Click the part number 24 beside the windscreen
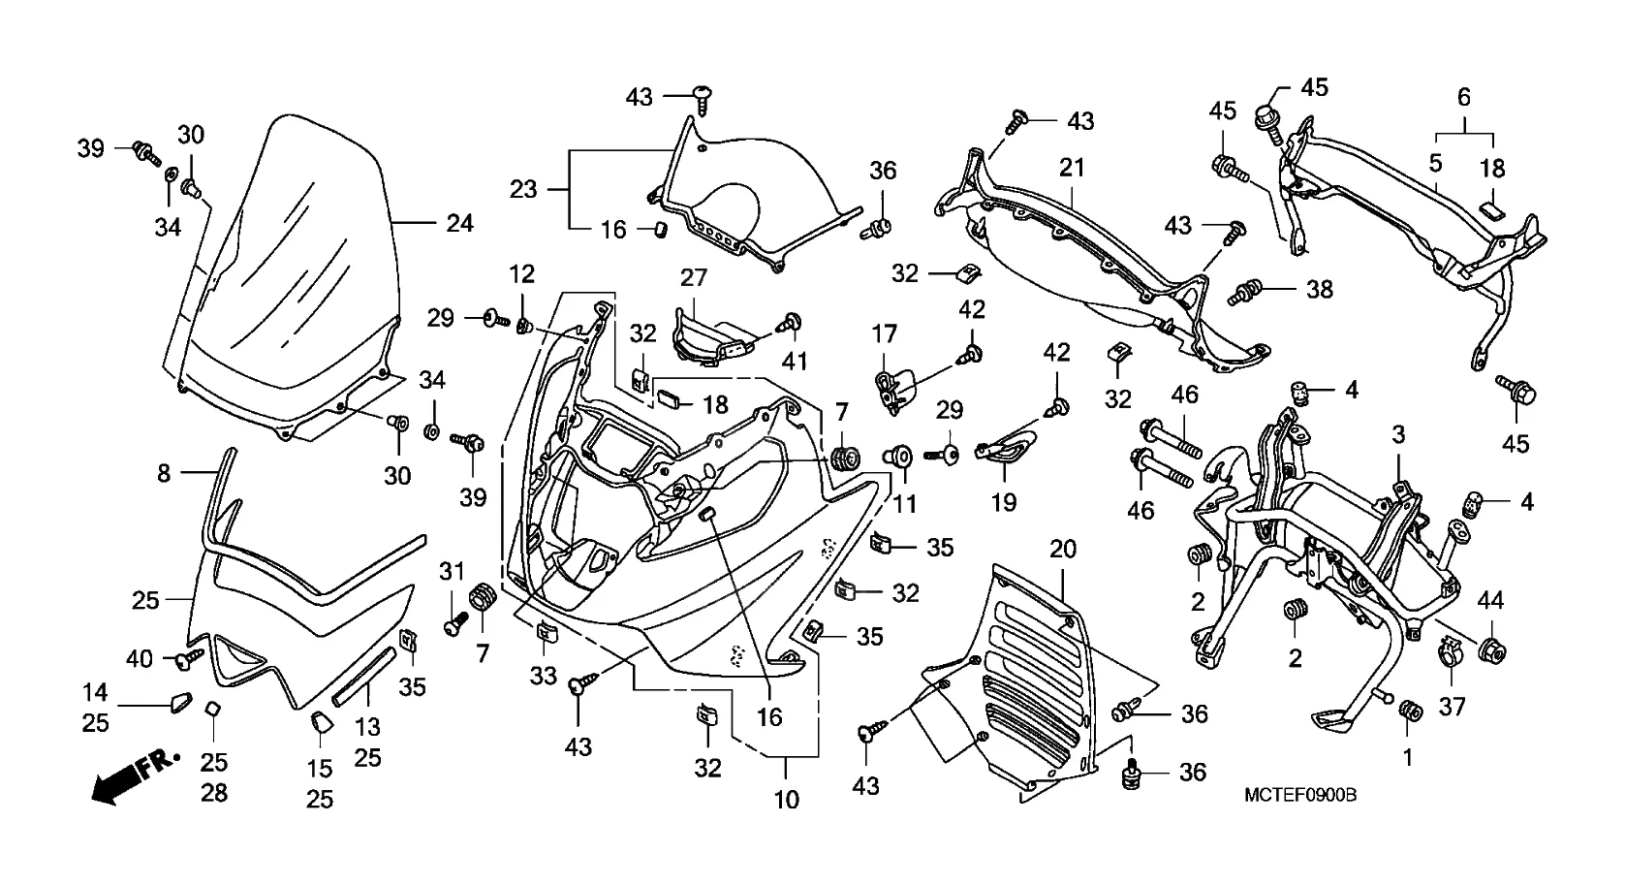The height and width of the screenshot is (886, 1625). point(459,223)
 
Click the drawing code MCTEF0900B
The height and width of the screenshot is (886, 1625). point(1300,795)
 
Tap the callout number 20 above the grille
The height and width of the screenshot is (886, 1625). point(1063,550)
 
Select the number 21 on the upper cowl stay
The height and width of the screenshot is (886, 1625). point(1072,168)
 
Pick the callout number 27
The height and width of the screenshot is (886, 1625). point(694,279)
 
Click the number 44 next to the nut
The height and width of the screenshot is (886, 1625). point(1490,601)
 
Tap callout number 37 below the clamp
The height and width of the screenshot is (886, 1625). point(1452,708)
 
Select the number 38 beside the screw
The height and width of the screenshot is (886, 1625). point(1320,289)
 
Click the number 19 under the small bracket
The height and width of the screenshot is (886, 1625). point(1004,502)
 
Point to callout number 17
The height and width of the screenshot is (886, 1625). point(884,335)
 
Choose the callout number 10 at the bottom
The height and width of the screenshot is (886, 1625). point(787,800)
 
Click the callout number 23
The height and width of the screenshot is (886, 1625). point(523,189)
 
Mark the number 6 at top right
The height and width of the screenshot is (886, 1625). point(1463,97)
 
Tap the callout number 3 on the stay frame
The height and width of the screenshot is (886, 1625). point(1399,435)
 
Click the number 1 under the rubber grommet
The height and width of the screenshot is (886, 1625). point(1409,757)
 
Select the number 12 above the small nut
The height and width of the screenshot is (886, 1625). point(521,274)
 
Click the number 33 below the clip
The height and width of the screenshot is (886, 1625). point(544,675)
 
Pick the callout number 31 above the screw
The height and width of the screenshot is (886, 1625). point(452,572)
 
